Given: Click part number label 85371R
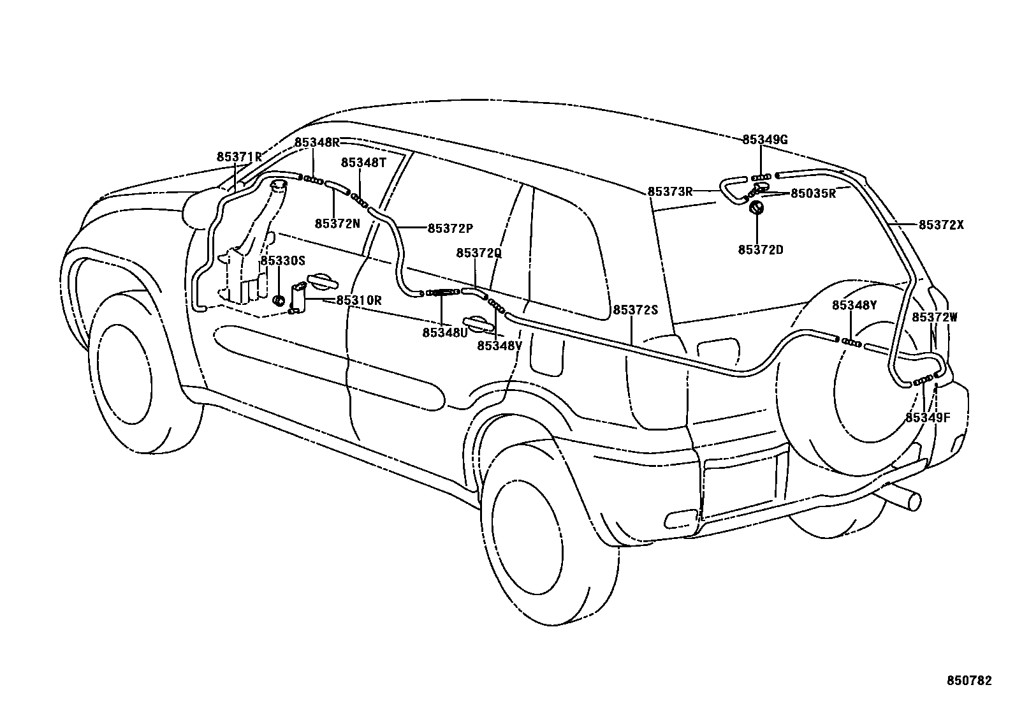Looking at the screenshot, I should coord(239,157).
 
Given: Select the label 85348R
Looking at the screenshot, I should coord(317,142).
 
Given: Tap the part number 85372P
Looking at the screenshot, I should coord(450,228).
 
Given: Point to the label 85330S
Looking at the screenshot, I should coord(283,262).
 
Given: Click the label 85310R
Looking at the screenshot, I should coord(359,300).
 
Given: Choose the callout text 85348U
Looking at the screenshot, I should coord(444,332).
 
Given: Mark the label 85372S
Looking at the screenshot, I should coord(635,310).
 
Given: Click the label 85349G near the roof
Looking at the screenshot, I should coord(765,140).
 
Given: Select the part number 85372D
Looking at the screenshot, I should coord(761,249).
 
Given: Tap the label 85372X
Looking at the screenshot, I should coord(941,225).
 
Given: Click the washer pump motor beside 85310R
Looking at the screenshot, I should coord(298,299).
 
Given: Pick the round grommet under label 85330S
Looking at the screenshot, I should coord(278,300).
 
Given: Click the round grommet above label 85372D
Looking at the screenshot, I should coord(756,208).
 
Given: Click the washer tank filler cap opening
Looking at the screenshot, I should coord(279,185).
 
